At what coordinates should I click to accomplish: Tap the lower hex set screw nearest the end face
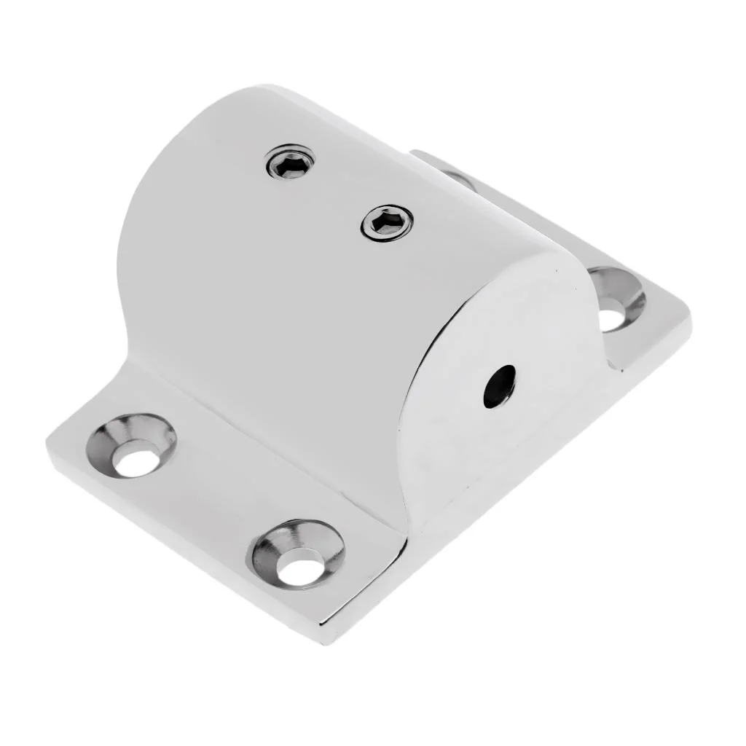[x=387, y=221]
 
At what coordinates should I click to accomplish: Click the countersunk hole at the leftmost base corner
[x=133, y=445]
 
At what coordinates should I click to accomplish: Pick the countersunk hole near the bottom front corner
[x=299, y=554]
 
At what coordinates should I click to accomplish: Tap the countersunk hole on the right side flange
[x=616, y=299]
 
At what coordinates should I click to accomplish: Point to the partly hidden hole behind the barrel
[x=458, y=177]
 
